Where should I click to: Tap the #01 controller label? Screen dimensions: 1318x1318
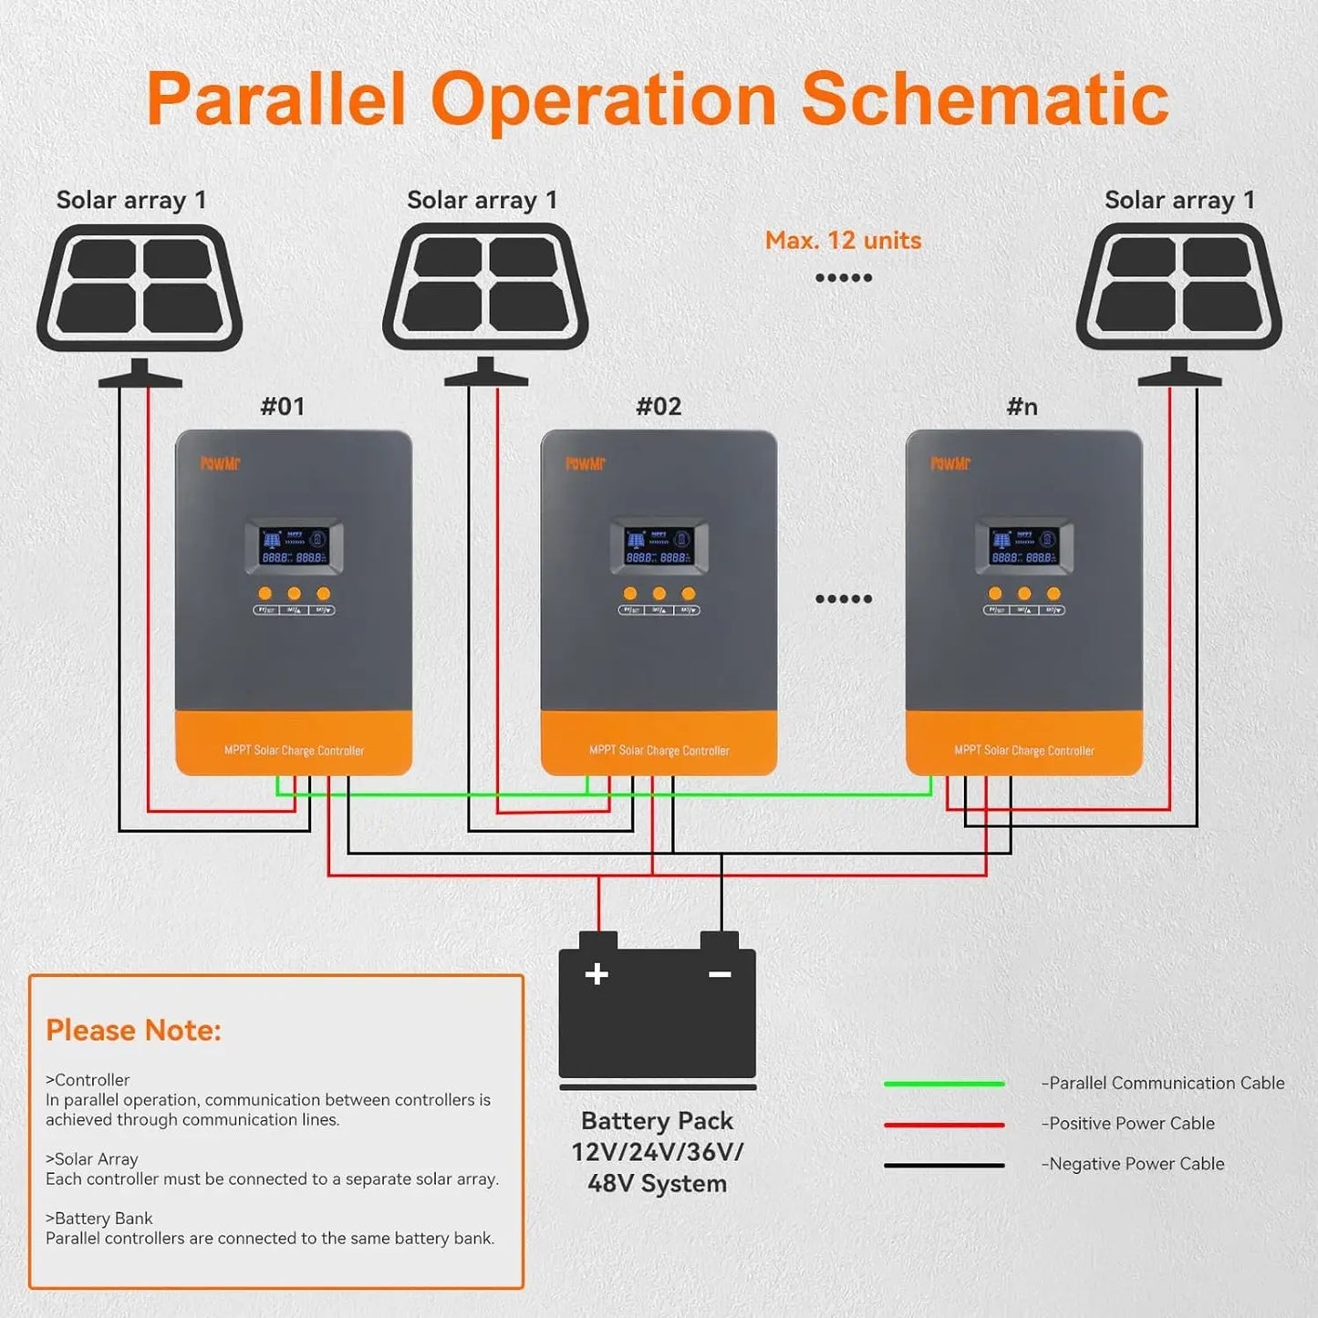[x=283, y=407]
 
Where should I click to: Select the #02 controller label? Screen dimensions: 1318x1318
[x=659, y=407]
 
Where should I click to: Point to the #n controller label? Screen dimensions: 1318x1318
[x=1022, y=407]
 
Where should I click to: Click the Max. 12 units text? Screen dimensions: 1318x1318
[x=843, y=241]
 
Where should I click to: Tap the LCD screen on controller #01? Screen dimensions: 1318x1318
[x=294, y=547]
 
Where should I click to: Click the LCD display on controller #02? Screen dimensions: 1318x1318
[x=659, y=547]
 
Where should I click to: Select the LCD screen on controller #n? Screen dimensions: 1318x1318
[x=1023, y=547]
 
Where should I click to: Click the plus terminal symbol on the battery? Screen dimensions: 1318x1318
[x=597, y=974]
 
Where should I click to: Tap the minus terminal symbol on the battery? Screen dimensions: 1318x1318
[x=720, y=974]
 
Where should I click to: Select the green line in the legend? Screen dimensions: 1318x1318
[x=944, y=1084]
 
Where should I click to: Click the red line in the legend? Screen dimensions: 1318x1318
[x=944, y=1125]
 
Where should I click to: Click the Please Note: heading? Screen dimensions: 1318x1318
[x=133, y=1030]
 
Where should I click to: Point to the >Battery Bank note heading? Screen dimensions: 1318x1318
[x=99, y=1219]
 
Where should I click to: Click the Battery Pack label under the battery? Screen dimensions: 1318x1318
[x=657, y=1121]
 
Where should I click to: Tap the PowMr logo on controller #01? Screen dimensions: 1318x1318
[x=220, y=463]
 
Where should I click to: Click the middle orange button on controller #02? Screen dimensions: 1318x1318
[x=659, y=594]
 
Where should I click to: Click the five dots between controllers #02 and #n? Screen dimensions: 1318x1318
[x=843, y=599]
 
